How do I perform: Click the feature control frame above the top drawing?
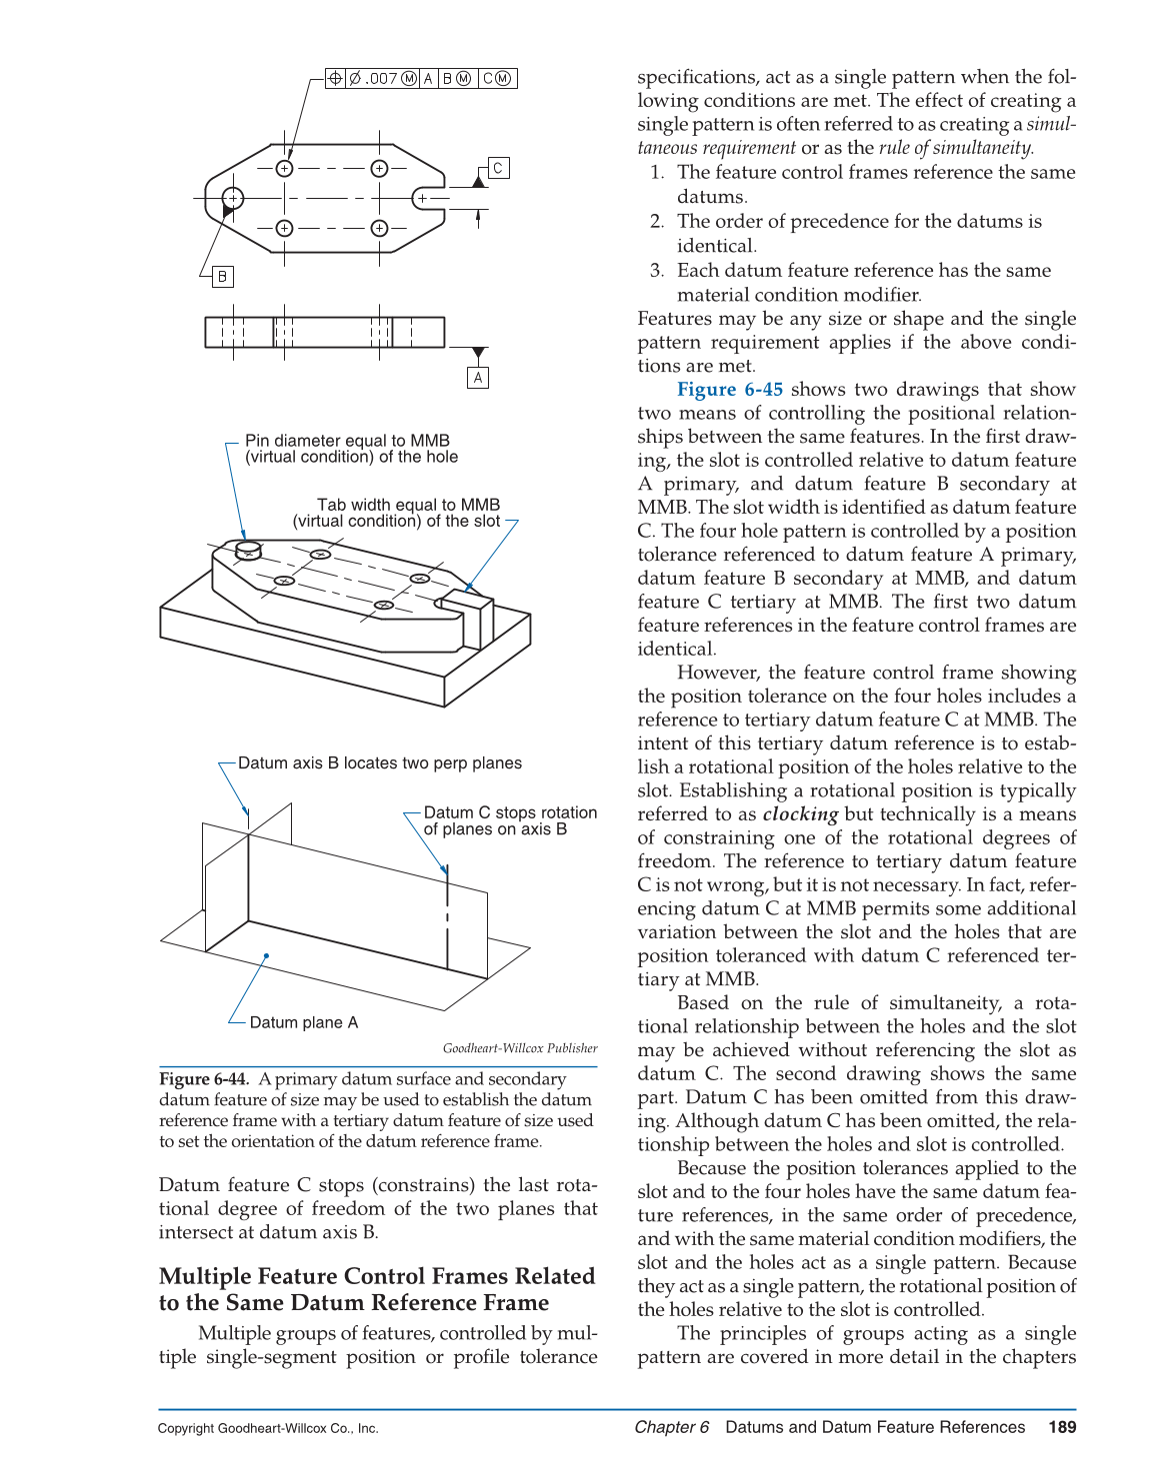tap(421, 78)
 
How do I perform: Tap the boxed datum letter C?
tap(498, 168)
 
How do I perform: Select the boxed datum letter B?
tap(222, 276)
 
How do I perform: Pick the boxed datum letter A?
tap(478, 378)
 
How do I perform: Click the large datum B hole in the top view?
tap(232, 198)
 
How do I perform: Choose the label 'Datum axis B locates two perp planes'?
tap(380, 763)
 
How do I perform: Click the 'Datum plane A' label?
tap(303, 1022)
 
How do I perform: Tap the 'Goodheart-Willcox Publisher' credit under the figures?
tap(520, 1048)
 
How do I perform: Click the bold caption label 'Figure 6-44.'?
tap(204, 1079)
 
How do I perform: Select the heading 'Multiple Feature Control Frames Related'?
tap(377, 1276)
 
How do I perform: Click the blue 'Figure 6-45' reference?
tap(730, 390)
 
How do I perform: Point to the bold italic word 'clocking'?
tap(800, 814)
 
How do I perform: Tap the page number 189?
tap(1062, 1427)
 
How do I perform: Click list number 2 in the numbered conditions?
tap(657, 222)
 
